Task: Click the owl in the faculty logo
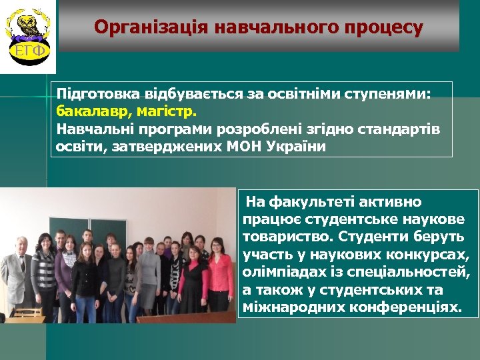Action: tap(28, 25)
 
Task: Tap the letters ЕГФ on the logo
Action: tap(28, 50)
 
